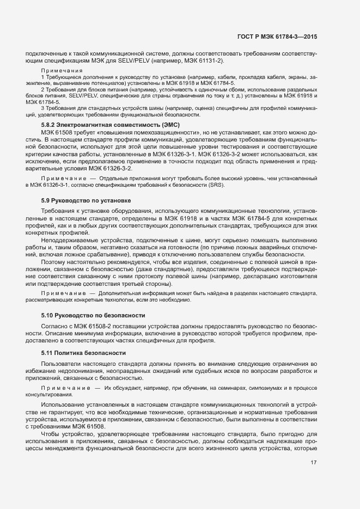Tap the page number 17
(313, 463)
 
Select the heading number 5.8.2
(50, 125)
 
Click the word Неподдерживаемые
(68, 240)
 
